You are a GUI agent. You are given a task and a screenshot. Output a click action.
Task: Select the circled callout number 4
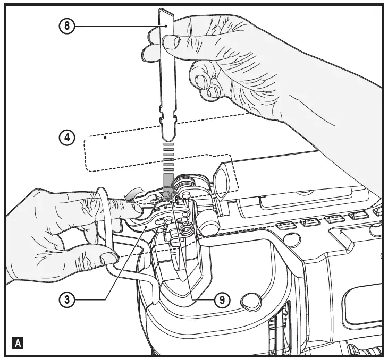(68, 137)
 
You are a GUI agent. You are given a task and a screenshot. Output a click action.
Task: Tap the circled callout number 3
(68, 299)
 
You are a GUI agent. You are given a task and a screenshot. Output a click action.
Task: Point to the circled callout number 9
(222, 299)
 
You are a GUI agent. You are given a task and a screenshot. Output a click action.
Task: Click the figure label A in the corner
(19, 343)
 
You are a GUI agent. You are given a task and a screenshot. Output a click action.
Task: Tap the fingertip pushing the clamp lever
(133, 211)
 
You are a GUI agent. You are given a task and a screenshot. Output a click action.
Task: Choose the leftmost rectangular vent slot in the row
(286, 225)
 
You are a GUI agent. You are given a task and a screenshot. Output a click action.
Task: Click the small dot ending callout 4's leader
(106, 138)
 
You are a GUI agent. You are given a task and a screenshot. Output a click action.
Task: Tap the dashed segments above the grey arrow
(168, 157)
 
